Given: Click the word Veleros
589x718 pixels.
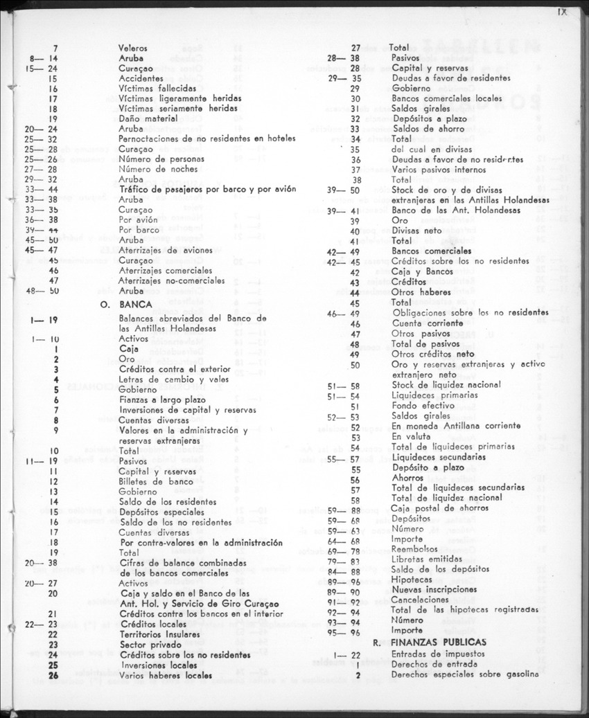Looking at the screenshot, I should tap(134, 48).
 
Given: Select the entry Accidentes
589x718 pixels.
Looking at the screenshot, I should tap(141, 79).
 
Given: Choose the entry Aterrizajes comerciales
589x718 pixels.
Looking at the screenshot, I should tap(164, 271).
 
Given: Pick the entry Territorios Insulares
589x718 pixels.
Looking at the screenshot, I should tap(159, 634).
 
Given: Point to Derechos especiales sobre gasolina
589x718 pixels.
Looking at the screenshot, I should tap(464, 674).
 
